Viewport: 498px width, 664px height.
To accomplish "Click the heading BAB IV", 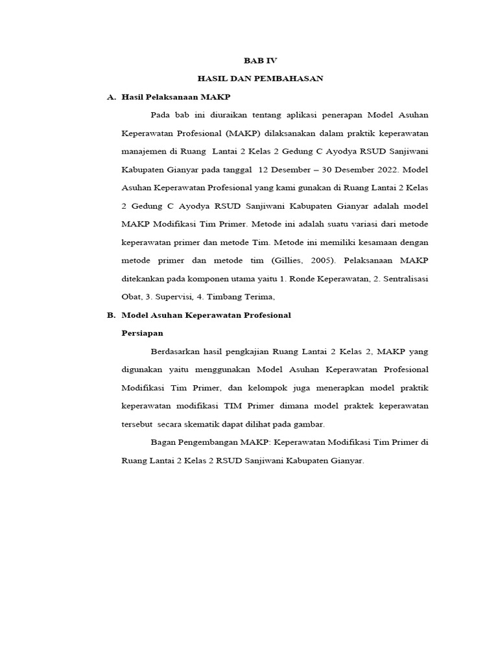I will point(259,60).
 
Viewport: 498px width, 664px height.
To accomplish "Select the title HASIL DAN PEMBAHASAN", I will point(260,78).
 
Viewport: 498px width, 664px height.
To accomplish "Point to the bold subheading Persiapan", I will point(143,333).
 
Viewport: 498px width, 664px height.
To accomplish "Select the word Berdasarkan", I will point(174,351).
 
